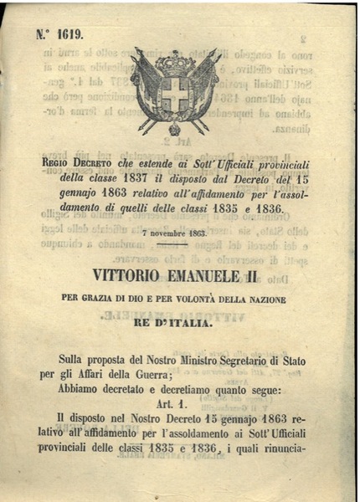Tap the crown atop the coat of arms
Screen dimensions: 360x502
click(175, 63)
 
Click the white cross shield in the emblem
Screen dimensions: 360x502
click(175, 95)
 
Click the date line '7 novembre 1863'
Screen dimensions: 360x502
click(174, 234)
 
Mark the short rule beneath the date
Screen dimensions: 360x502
click(174, 244)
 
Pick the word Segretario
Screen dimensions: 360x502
click(258, 360)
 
